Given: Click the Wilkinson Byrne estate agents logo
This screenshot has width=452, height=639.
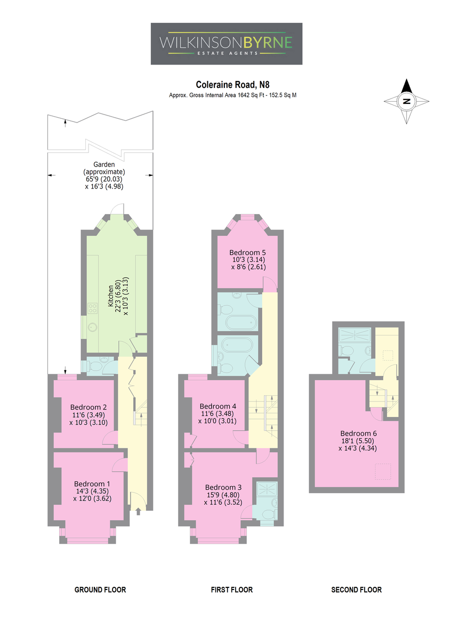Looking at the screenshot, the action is coord(226,44).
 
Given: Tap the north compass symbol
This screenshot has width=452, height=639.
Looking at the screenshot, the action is coord(406,101).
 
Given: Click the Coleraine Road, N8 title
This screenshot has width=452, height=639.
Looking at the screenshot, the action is coord(232,85).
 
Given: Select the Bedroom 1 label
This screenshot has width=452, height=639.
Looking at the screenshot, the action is coord(92,484).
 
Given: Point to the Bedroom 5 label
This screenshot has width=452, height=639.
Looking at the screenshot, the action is coord(247,252).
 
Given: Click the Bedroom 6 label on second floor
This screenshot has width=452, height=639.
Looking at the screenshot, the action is coord(358,433).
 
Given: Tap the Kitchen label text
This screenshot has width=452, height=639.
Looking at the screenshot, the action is coord(110,296).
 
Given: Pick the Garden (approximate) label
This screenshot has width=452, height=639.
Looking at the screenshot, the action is coord(104,168).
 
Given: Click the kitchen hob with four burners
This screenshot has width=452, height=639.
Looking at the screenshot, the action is coord(93,308).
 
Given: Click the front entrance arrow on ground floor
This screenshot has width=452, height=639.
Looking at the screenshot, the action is coord(139,512).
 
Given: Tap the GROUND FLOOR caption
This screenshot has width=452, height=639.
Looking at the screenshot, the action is coord(100,589).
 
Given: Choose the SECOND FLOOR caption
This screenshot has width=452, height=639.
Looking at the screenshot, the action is coord(357,589).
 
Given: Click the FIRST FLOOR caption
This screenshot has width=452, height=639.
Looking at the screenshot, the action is coord(232,589).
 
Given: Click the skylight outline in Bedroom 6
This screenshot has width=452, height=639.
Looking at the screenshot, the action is coord(383,472).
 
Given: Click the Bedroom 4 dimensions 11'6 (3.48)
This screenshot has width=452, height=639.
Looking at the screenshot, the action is coord(217,413).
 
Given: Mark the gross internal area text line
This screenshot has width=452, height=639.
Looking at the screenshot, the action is coord(232,95).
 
